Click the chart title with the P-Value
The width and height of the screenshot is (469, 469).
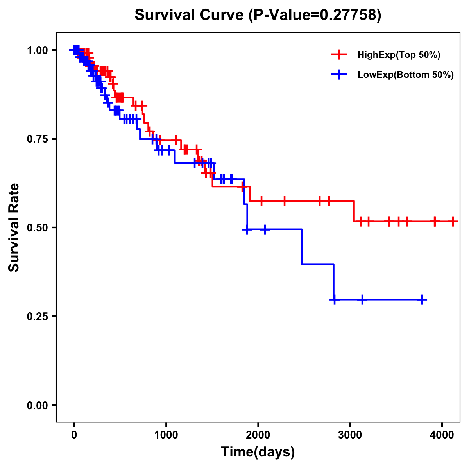click(x=258, y=15)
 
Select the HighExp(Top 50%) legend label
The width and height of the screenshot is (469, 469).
click(x=399, y=55)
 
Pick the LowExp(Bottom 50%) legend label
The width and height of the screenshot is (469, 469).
click(x=406, y=75)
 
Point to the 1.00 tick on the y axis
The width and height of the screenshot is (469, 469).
click(x=38, y=50)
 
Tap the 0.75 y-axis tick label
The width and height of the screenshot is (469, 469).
click(x=38, y=139)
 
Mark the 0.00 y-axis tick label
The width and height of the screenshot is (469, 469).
click(x=38, y=405)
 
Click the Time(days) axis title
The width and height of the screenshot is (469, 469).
click(x=258, y=452)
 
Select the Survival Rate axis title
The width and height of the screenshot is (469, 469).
click(x=14, y=227)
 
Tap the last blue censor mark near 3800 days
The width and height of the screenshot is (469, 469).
click(x=422, y=300)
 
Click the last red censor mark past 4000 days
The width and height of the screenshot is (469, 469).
click(x=453, y=222)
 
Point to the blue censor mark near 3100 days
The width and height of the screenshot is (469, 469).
click(x=362, y=300)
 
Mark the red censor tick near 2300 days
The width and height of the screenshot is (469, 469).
click(x=285, y=201)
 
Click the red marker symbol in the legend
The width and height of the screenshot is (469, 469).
click(x=339, y=55)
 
